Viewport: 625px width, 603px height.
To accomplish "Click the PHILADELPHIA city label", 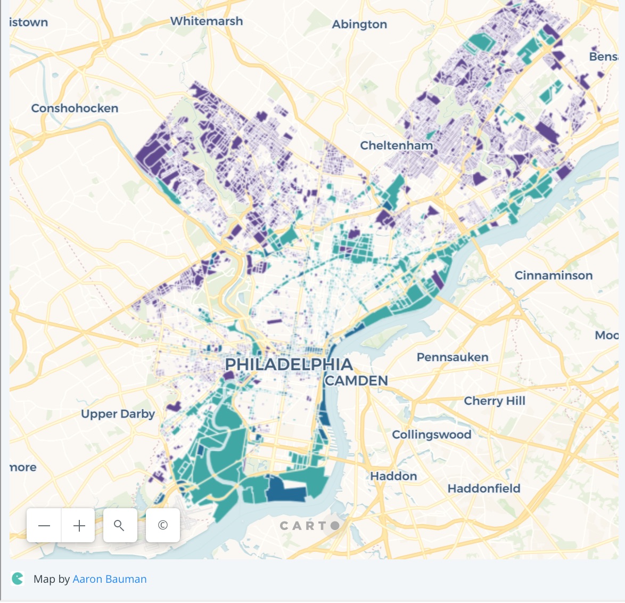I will click(289, 365).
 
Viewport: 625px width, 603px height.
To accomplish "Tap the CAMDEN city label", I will click(356, 381).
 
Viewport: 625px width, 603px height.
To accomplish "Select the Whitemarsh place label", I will click(207, 21).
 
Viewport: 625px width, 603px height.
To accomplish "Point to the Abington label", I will click(359, 25).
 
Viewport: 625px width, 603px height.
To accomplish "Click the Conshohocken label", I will click(75, 108).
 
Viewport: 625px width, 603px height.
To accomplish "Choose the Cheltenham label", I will click(396, 145).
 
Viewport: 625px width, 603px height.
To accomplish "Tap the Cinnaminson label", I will click(553, 275).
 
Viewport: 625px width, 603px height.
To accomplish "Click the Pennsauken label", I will click(452, 357).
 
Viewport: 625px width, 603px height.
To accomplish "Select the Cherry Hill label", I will click(495, 401).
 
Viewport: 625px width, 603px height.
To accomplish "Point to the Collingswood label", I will click(431, 435).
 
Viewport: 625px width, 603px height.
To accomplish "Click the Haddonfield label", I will click(483, 488).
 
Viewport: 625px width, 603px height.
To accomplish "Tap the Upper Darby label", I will click(118, 414).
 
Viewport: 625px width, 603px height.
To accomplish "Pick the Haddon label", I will click(393, 476).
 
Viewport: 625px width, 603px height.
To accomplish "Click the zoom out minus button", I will click(44, 526).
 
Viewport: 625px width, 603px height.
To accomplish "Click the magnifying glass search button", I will click(120, 526).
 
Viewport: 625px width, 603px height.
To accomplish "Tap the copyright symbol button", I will click(163, 526).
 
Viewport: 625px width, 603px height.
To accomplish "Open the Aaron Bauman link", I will click(110, 579).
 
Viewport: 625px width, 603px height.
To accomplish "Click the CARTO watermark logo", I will click(309, 526).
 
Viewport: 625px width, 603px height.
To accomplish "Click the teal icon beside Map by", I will click(18, 578).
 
